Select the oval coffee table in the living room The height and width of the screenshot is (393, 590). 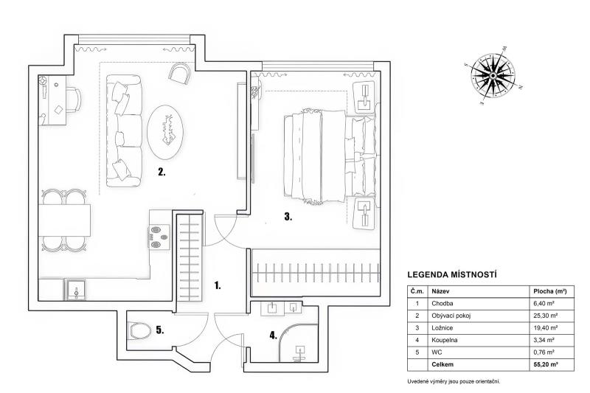click(165, 132)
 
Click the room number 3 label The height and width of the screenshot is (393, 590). click(288, 216)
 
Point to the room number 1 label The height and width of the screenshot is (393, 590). click(217, 285)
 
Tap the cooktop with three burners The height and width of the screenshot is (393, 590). click(159, 237)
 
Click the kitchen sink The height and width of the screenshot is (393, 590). click(77, 291)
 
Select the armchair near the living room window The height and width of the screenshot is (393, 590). click(181, 73)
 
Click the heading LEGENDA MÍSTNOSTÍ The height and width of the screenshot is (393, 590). click(452, 274)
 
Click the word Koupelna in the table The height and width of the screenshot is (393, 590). click(445, 340)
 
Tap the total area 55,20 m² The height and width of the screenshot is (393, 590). click(545, 364)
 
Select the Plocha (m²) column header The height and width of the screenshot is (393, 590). click(550, 291)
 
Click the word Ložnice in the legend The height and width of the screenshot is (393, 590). click(442, 328)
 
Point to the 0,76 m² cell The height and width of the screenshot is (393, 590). click(544, 352)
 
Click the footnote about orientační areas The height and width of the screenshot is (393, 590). click(454, 381)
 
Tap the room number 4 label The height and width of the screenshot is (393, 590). click(273, 335)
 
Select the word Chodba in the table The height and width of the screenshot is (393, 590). click(442, 304)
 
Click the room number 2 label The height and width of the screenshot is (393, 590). click(162, 173)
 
